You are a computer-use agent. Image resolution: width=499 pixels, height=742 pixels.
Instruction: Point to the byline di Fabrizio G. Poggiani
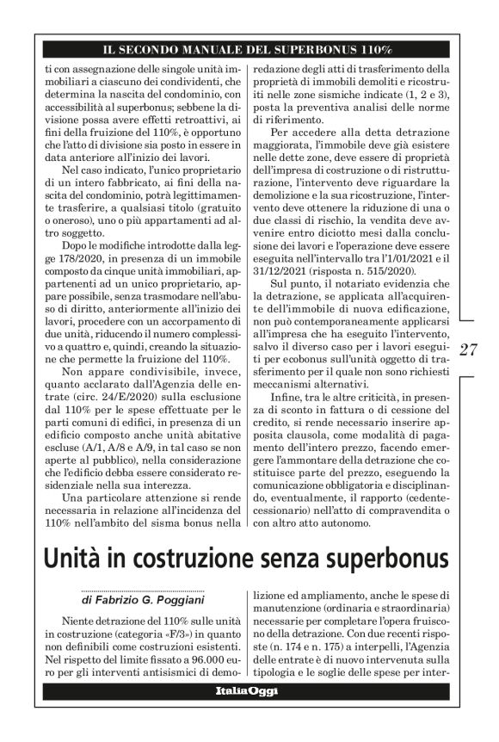(129, 595)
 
